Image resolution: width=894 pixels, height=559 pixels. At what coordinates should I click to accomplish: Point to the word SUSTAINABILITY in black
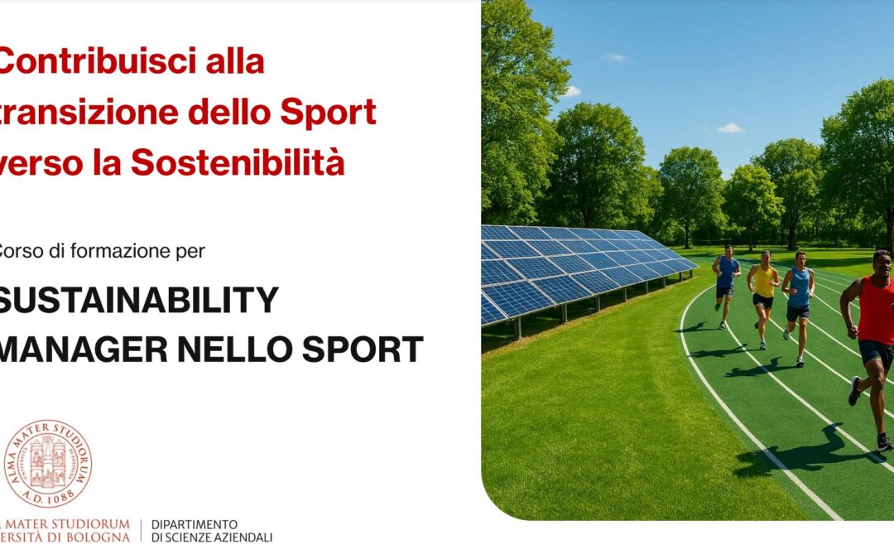(x=137, y=300)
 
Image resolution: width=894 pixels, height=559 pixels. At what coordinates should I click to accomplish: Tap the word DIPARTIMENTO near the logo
(x=195, y=525)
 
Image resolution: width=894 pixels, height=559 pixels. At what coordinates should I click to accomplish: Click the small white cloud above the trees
(x=730, y=128)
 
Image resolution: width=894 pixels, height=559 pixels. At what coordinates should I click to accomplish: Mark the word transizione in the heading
(x=87, y=113)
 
